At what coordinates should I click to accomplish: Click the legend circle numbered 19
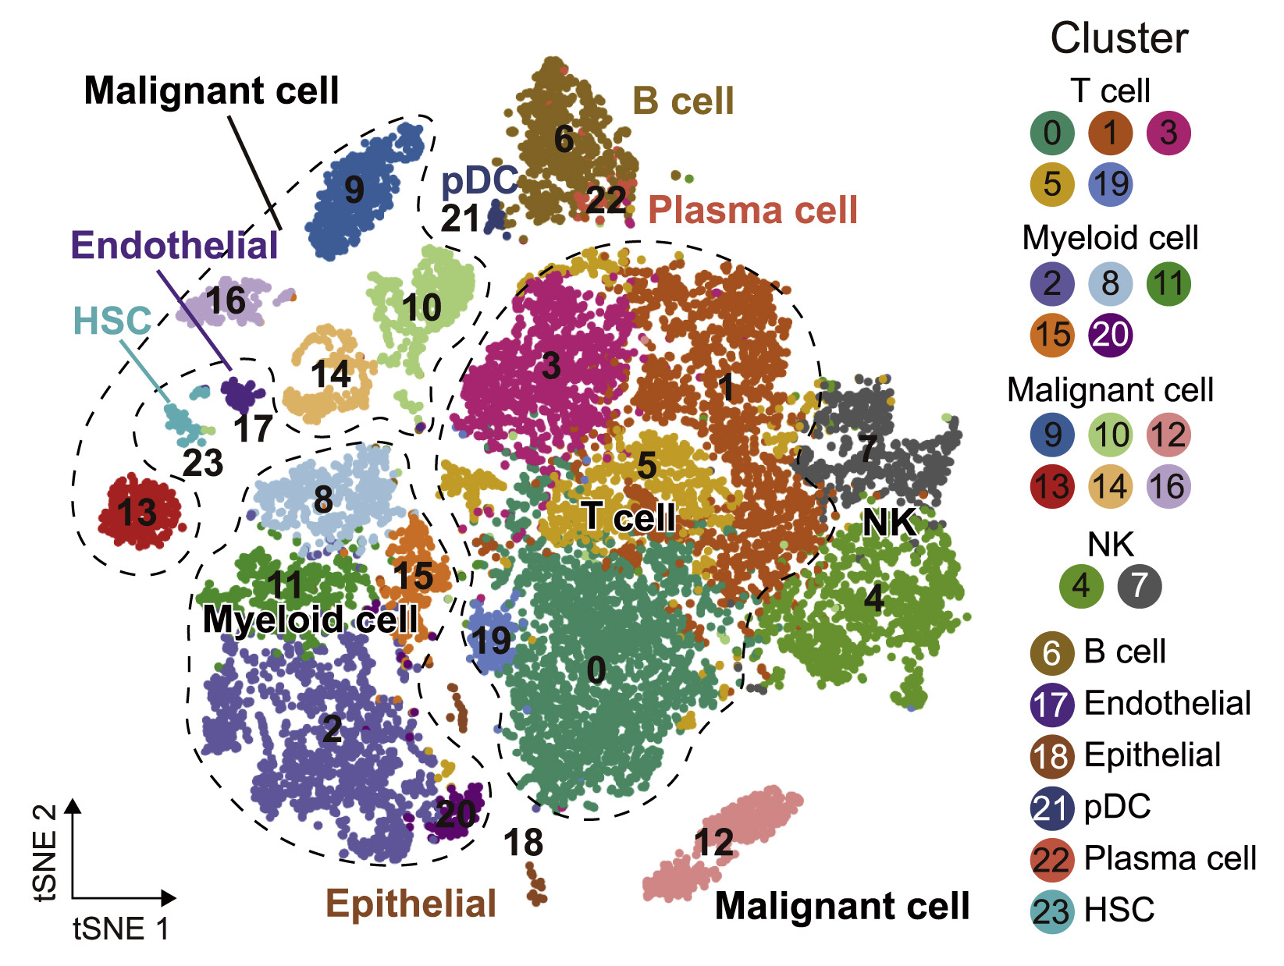tap(1110, 185)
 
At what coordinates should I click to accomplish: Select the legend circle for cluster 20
tap(1110, 336)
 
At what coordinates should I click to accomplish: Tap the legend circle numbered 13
tap(1052, 487)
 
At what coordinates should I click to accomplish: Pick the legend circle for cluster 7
tap(1139, 586)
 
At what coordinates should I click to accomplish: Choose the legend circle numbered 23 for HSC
tap(1052, 911)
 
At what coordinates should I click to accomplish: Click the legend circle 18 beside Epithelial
tap(1052, 756)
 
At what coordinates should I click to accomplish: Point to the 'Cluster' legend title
tap(1119, 38)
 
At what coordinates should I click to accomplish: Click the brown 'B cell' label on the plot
tap(683, 101)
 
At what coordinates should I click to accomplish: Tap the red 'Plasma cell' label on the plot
tap(752, 210)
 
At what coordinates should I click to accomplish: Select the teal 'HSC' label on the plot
tap(112, 321)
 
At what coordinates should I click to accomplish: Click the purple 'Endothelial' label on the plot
tap(174, 246)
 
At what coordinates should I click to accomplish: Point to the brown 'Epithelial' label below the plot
tap(411, 904)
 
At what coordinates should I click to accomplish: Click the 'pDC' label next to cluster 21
tap(478, 181)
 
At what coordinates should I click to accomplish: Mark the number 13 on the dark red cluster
tap(137, 513)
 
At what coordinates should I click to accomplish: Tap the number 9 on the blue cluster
tap(354, 190)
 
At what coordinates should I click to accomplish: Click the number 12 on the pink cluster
tap(714, 843)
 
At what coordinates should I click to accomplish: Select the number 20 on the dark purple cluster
tap(456, 815)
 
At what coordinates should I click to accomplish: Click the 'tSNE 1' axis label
tap(121, 929)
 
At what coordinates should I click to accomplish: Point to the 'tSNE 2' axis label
tap(46, 853)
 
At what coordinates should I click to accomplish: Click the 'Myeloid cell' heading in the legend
tap(1110, 238)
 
